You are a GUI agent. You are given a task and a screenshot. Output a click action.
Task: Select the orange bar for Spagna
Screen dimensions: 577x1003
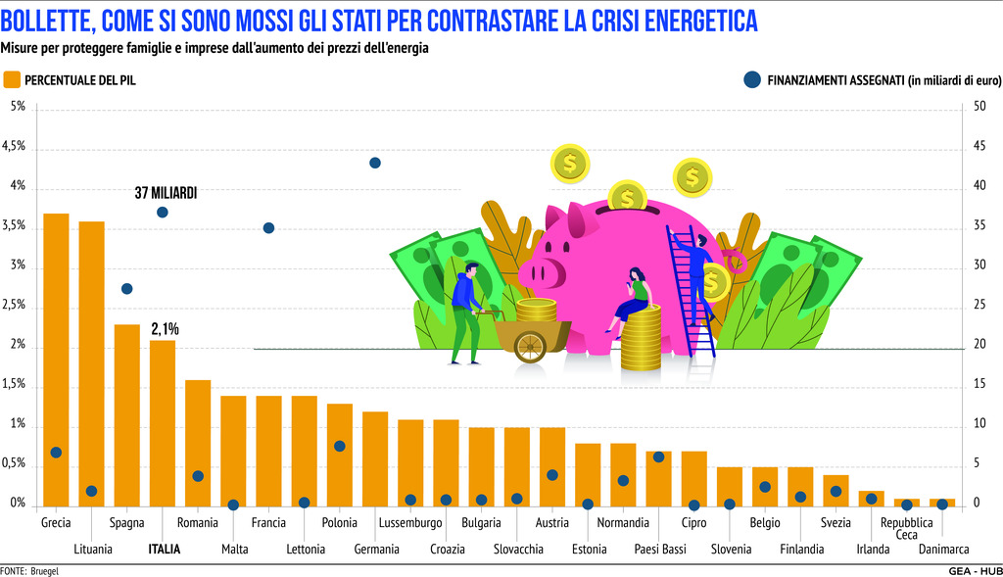(x=127, y=415)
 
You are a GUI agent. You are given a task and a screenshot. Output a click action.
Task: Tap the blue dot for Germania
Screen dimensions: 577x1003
(x=375, y=163)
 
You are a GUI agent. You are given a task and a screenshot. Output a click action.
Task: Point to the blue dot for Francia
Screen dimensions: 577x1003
(x=268, y=228)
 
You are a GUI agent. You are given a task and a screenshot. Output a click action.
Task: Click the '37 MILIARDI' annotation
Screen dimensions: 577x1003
(x=166, y=194)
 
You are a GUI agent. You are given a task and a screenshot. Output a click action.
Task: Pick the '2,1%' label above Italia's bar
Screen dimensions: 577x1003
(x=165, y=329)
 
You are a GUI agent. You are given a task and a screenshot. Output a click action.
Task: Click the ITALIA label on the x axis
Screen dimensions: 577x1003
(x=164, y=550)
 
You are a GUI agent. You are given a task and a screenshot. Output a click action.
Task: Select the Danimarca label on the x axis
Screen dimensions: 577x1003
(x=943, y=550)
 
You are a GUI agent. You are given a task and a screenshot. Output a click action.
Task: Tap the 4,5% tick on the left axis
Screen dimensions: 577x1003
(x=15, y=147)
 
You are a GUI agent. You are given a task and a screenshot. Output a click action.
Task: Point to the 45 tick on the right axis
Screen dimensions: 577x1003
(x=979, y=147)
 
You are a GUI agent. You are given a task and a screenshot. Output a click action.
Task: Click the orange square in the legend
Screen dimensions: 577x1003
(x=11, y=79)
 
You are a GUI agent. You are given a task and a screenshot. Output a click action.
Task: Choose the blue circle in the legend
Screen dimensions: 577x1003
(x=751, y=79)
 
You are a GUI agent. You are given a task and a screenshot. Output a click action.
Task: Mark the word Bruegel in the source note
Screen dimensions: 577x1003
(x=45, y=570)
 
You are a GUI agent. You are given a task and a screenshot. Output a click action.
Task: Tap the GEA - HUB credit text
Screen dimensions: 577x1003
(x=974, y=570)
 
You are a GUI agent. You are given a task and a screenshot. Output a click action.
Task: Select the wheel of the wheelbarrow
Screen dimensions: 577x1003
(x=530, y=346)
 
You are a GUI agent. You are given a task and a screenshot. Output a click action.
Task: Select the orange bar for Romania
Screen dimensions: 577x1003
(x=198, y=444)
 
